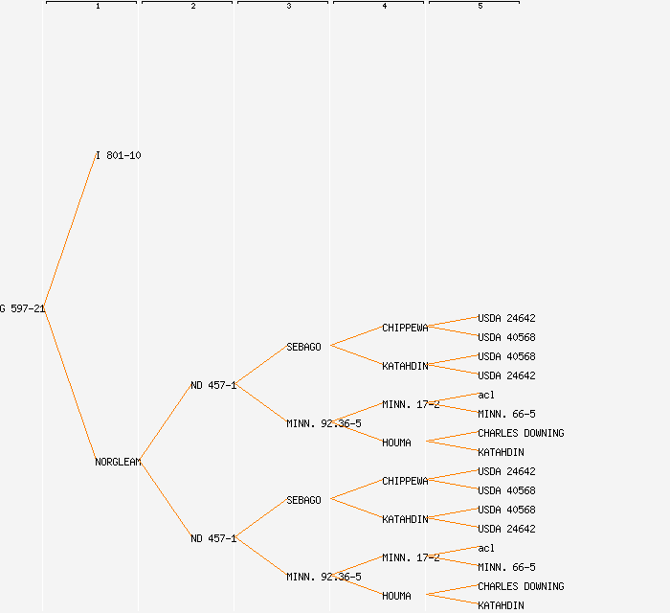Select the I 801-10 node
pyautogui.click(x=119, y=155)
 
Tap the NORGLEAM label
pyautogui.click(x=118, y=462)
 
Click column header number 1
pyautogui.click(x=98, y=7)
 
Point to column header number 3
pyautogui.click(x=289, y=7)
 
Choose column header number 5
pyautogui.click(x=480, y=7)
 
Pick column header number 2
pyautogui.click(x=193, y=7)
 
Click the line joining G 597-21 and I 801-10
pyautogui.click(x=70, y=232)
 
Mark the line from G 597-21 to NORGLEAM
pyautogui.click(x=70, y=385)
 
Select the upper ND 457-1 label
pyautogui.click(x=212, y=385)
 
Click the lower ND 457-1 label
pyautogui.click(x=212, y=538)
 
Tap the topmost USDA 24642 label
pyautogui.click(x=506, y=318)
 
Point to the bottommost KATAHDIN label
pyautogui.click(x=501, y=605)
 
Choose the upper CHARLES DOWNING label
pyautogui.click(x=521, y=433)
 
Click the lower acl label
pyautogui.click(x=486, y=548)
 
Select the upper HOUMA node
pyautogui.click(x=396, y=443)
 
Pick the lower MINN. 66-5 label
pyautogui.click(x=506, y=567)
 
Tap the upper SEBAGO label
pyautogui.click(x=303, y=347)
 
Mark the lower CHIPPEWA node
pyautogui.click(x=405, y=481)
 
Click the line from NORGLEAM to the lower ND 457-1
pyautogui.click(x=166, y=500)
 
